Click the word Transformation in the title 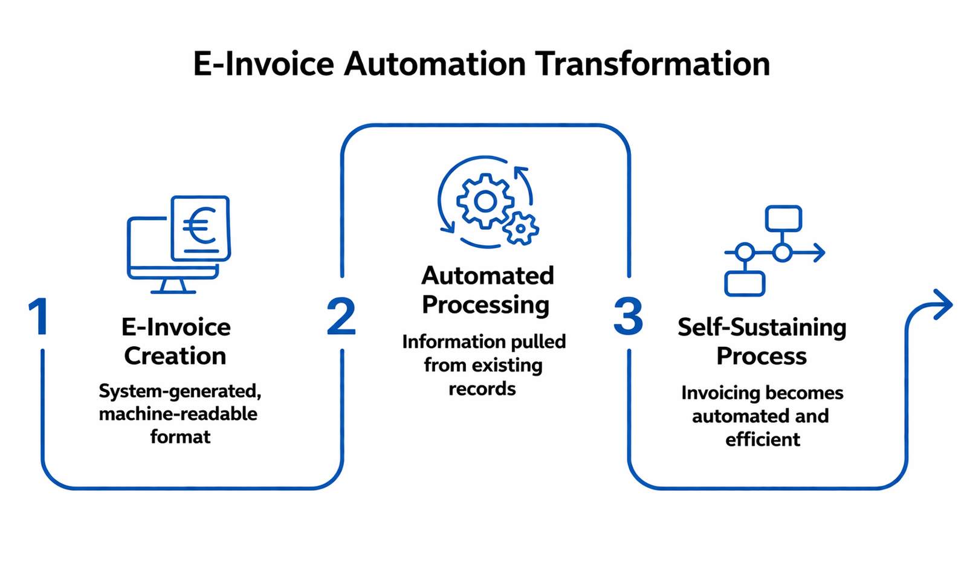[653, 64]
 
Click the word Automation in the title [435, 64]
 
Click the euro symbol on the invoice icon [198, 225]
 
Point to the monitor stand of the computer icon [173, 286]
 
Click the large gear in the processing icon [485, 201]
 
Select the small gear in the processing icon [520, 229]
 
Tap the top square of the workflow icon [783, 219]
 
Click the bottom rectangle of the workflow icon [745, 283]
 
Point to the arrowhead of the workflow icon [819, 253]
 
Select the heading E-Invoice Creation [176, 341]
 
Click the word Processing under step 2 [485, 305]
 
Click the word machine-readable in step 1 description [178, 414]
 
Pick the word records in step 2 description [482, 389]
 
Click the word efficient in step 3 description [763, 439]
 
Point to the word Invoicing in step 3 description [712, 393]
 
